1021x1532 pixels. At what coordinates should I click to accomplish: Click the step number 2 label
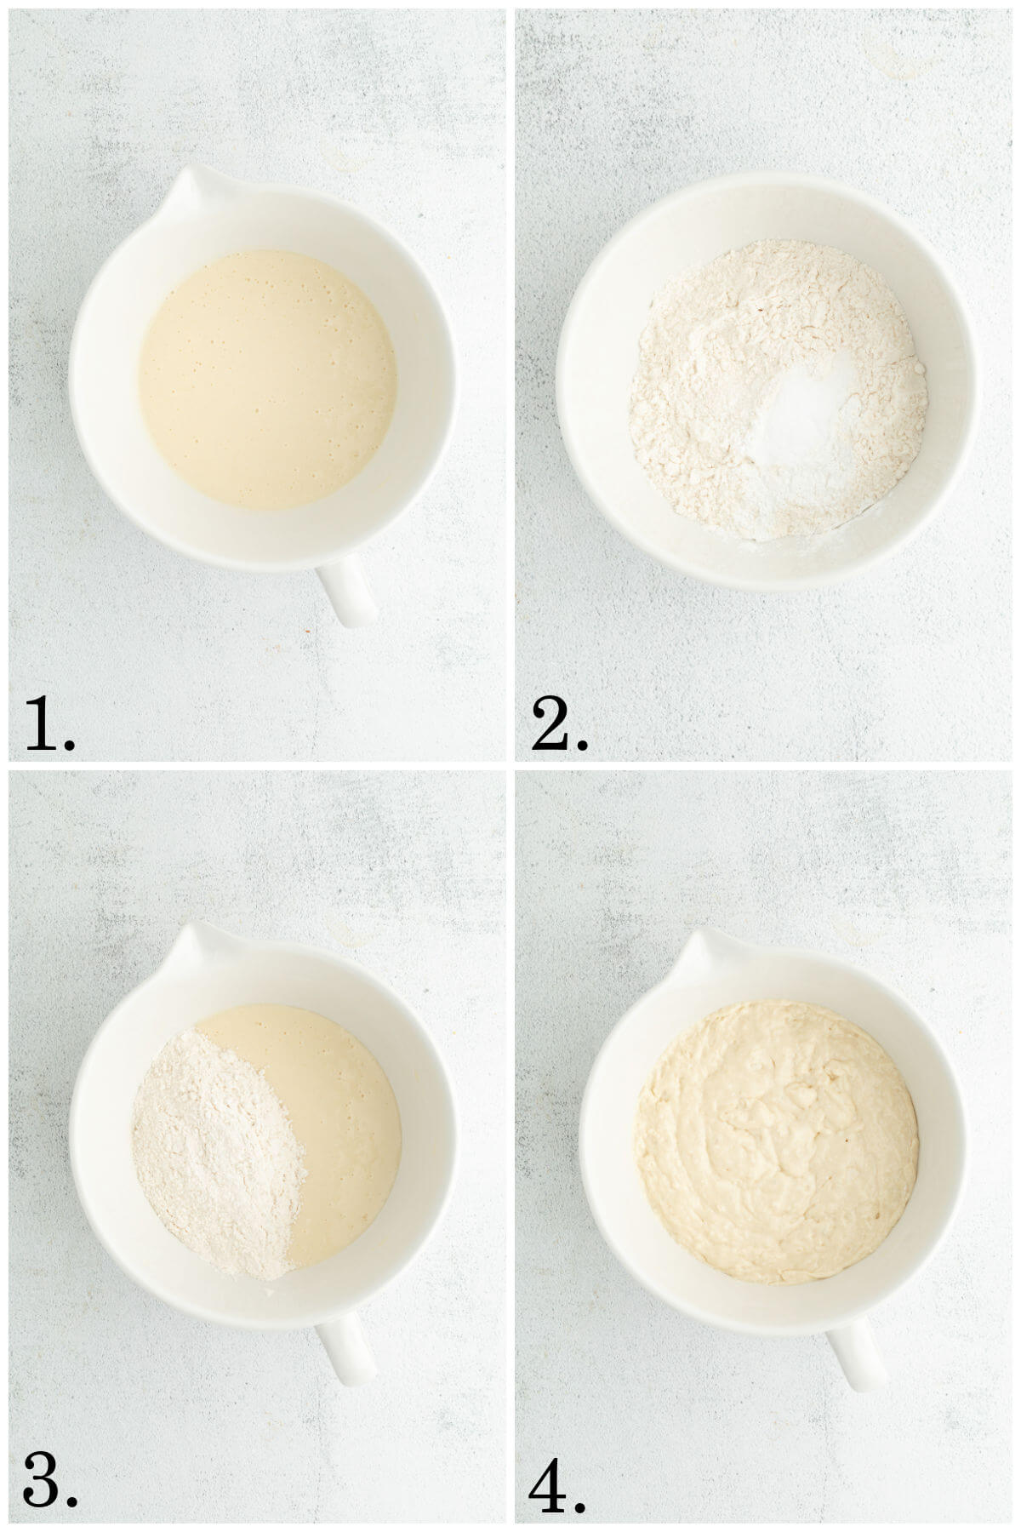[550, 723]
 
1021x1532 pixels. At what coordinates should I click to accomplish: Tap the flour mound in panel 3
[217, 1153]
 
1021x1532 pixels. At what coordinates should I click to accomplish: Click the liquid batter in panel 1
[267, 379]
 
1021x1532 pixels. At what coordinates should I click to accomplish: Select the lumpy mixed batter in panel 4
[776, 1140]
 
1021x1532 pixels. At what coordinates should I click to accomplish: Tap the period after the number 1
[69, 745]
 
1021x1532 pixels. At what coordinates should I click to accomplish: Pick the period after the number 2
[581, 745]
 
